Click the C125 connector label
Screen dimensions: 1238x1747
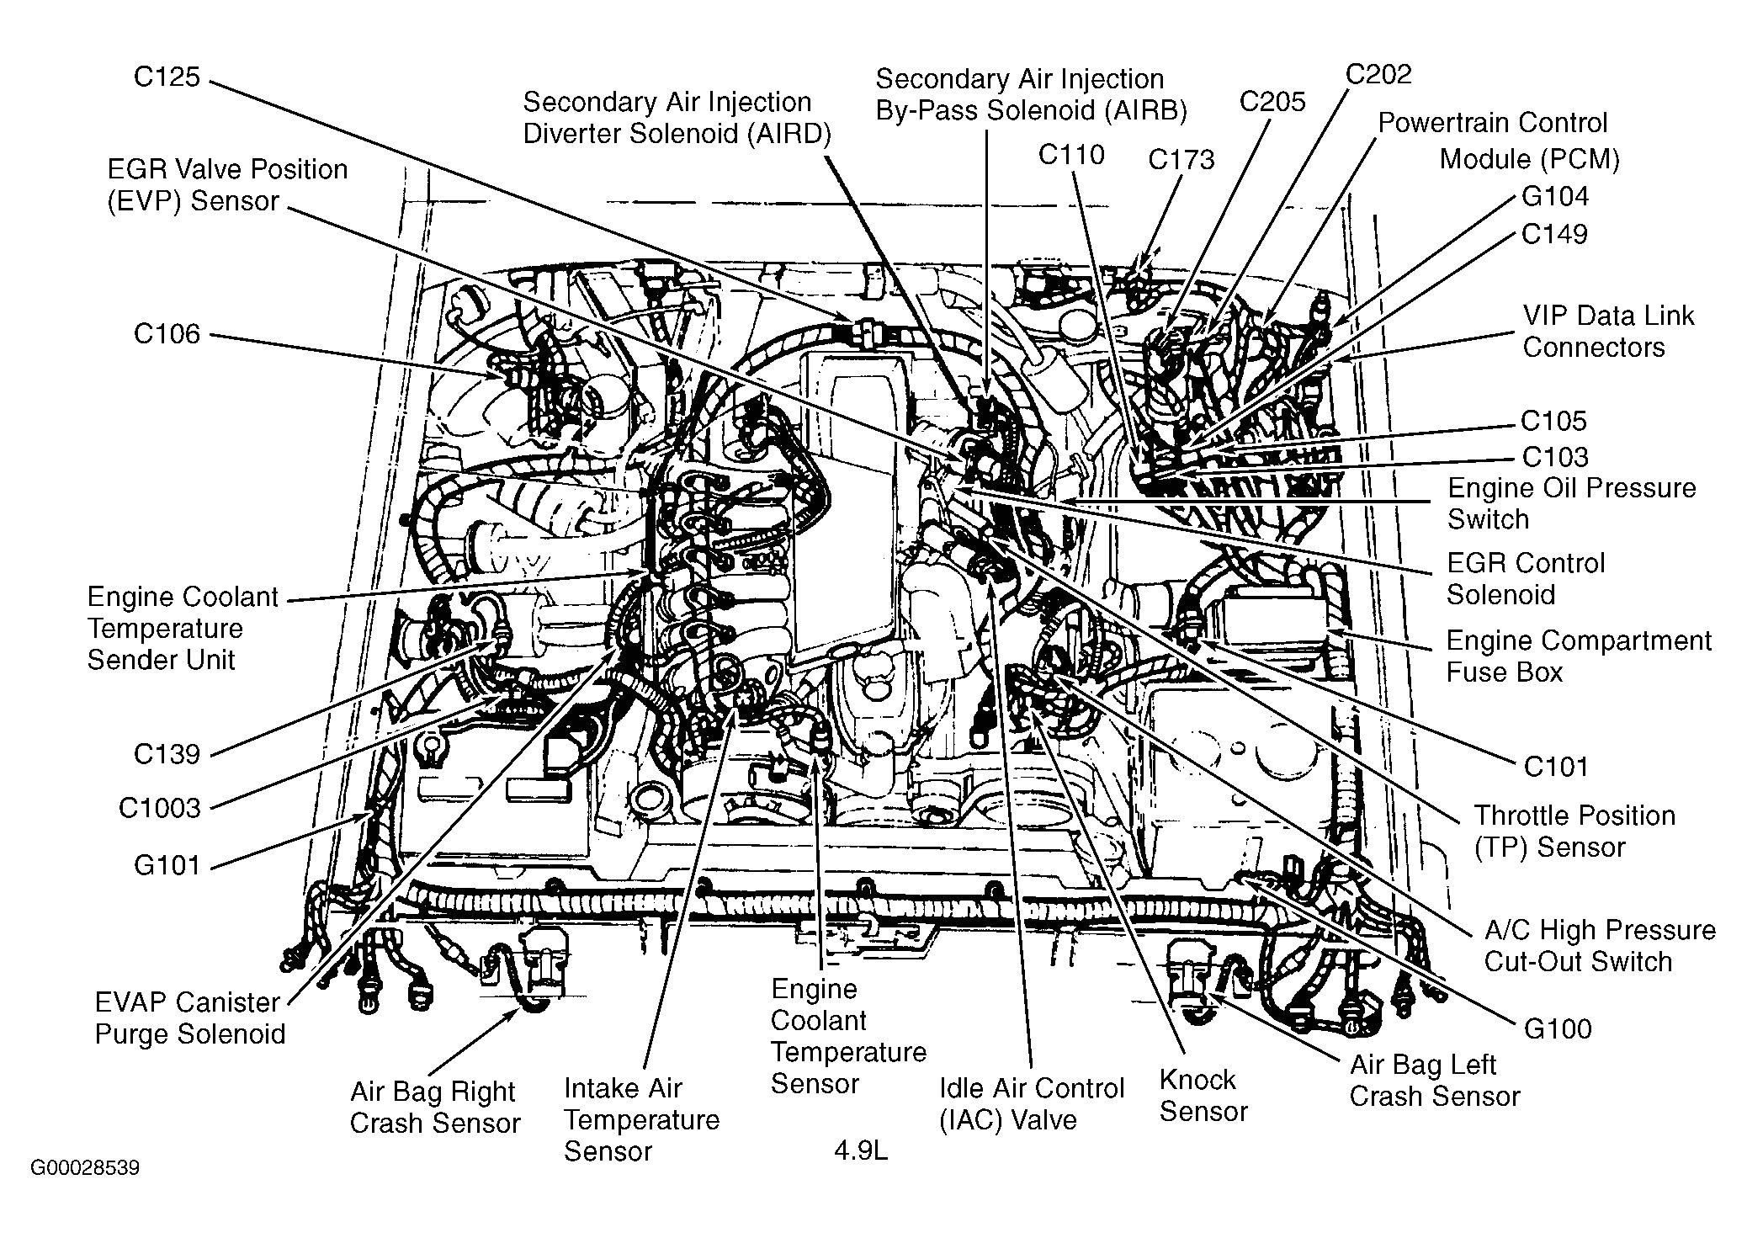click(x=167, y=77)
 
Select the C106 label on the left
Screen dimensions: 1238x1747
click(x=167, y=334)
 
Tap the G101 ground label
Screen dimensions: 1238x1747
click(x=167, y=865)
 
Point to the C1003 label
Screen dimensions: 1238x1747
click(x=160, y=809)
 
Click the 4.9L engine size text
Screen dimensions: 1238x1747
click(x=861, y=1150)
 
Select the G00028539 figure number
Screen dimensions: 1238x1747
click(x=85, y=1168)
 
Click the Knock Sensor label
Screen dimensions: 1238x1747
click(x=1203, y=1096)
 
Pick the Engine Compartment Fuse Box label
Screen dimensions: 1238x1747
click(x=1578, y=656)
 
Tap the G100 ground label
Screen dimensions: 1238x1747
click(x=1557, y=1029)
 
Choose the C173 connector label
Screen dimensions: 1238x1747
click(x=1181, y=160)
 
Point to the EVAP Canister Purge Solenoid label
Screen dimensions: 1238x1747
click(x=189, y=1018)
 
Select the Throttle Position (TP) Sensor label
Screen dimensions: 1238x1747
click(x=1574, y=831)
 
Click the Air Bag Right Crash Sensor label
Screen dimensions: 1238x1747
click(x=434, y=1108)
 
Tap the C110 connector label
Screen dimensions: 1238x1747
click(x=1070, y=155)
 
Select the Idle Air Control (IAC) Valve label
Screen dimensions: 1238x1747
click(x=1032, y=1104)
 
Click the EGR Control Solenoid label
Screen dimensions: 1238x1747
click(x=1525, y=579)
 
